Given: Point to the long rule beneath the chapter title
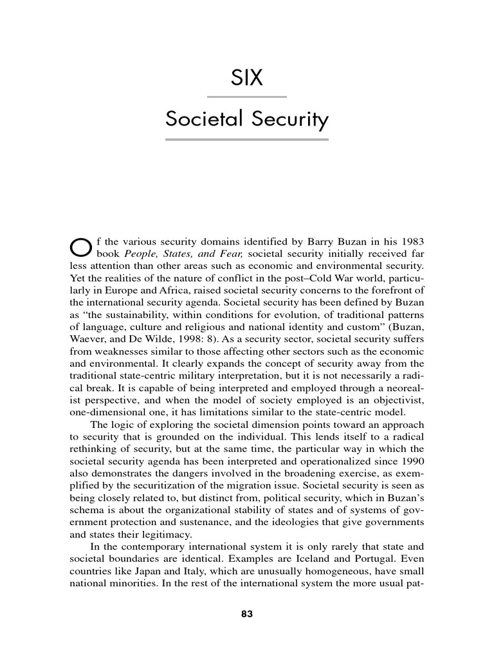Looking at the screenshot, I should click(x=246, y=139).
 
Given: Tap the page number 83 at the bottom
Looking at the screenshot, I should click(x=247, y=614).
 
